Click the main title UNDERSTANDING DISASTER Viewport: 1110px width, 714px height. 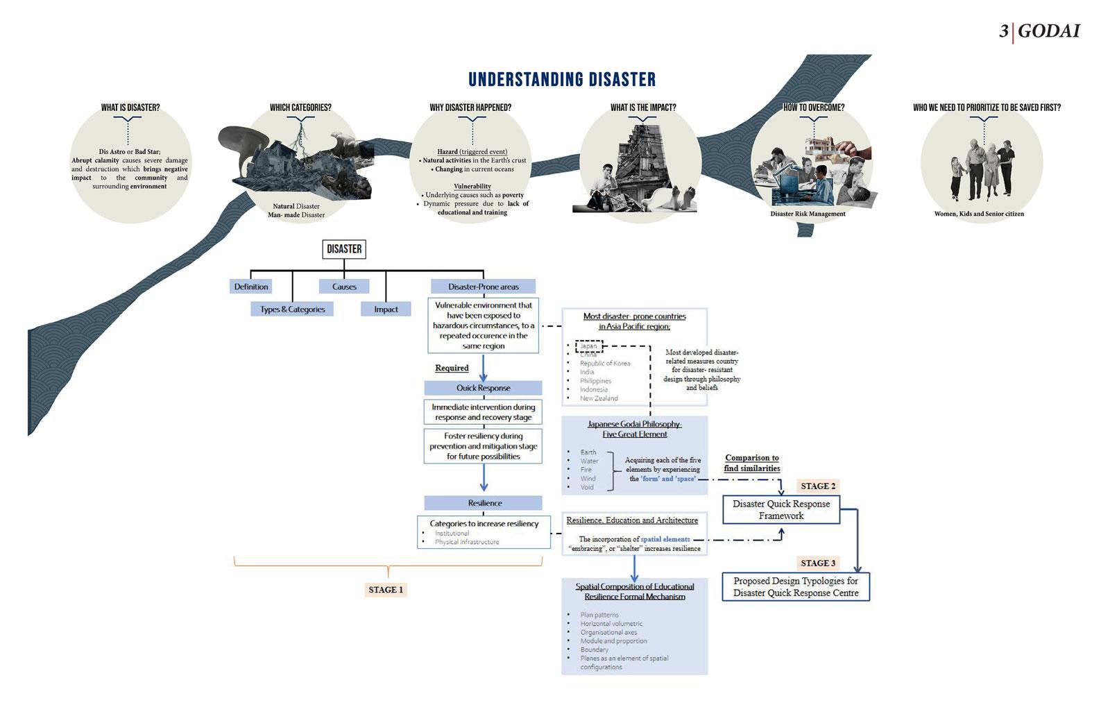562,80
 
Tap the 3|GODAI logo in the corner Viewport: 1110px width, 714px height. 1039,31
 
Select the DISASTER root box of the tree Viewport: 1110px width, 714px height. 344,249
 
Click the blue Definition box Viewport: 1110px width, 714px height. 251,287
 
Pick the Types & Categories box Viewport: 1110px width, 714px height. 292,309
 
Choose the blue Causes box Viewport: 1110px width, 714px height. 344,287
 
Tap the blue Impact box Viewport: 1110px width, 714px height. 386,309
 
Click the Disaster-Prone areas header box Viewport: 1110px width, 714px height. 483,287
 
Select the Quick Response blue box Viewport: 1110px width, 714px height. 483,388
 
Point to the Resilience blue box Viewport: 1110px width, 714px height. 484,503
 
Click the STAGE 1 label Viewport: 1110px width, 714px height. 386,590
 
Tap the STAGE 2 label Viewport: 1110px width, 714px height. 818,486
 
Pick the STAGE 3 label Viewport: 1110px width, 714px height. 818,563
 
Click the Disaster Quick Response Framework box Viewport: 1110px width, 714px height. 781,510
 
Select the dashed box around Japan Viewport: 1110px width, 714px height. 589,346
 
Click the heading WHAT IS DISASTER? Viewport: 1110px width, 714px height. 130,108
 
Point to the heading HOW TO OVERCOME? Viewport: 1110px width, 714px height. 814,108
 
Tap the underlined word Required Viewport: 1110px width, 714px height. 452,368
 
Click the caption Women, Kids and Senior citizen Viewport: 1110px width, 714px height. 979,214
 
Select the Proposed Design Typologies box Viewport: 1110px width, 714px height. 796,587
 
